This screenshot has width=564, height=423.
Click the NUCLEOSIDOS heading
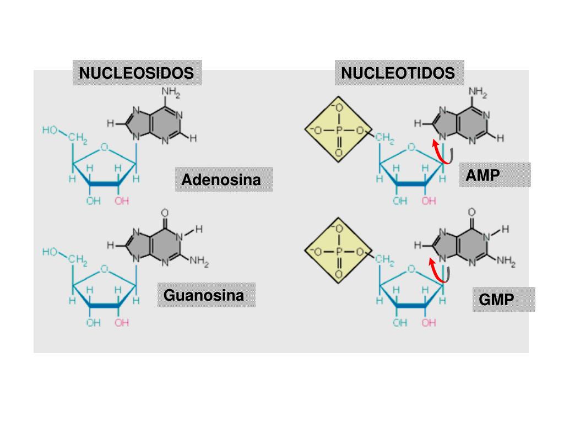pyautogui.click(x=137, y=73)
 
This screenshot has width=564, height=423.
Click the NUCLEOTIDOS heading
pyautogui.click(x=398, y=73)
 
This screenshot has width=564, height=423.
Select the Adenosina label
pyautogui.click(x=221, y=180)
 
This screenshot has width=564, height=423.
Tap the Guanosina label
pyautogui.click(x=204, y=295)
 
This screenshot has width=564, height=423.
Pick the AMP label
pyautogui.click(x=482, y=175)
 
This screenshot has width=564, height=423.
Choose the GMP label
pyautogui.click(x=496, y=300)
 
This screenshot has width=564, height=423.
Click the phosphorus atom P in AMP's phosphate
pyautogui.click(x=338, y=131)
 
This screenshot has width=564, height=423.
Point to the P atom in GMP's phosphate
pyautogui.click(x=338, y=252)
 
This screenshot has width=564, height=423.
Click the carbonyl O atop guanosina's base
pyautogui.click(x=165, y=213)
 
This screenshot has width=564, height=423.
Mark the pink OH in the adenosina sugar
pyautogui.click(x=122, y=202)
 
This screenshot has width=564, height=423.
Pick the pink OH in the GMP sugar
pyautogui.click(x=429, y=323)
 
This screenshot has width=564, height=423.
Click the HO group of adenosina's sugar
pyautogui.click(x=50, y=130)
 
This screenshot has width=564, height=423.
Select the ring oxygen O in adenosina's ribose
pyautogui.click(x=104, y=148)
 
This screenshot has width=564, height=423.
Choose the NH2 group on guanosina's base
pyautogui.click(x=199, y=262)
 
